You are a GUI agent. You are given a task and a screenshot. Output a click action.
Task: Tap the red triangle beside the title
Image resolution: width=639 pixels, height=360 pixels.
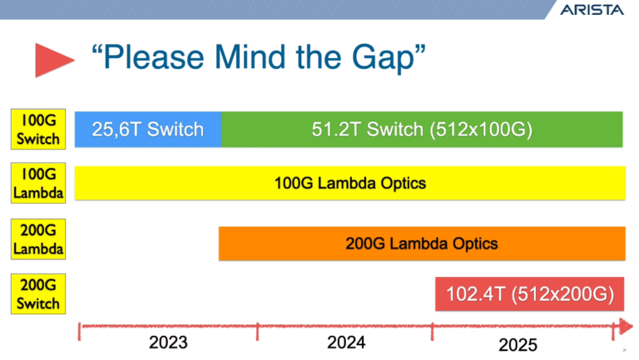pos(53,60)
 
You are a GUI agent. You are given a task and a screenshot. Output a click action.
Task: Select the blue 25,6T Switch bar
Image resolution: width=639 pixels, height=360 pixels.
pos(147,130)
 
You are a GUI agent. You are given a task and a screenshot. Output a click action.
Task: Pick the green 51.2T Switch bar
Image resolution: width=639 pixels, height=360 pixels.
pos(422,130)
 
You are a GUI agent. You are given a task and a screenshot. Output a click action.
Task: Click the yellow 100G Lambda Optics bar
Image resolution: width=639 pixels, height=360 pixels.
pos(349,183)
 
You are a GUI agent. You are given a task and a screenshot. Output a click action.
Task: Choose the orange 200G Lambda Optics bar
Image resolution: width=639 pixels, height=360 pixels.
pos(422,244)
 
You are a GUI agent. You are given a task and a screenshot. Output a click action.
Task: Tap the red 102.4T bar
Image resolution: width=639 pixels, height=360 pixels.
pos(530,293)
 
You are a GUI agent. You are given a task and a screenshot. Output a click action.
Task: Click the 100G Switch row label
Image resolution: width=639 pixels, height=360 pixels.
pos(39,129)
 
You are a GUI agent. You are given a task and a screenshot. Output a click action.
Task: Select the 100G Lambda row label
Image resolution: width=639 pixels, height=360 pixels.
pos(39,183)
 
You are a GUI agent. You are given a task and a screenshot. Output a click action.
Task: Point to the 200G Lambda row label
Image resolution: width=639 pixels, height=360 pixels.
pos(39,239)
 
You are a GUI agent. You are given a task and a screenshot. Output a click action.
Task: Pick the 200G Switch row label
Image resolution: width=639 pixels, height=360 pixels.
pos(39,294)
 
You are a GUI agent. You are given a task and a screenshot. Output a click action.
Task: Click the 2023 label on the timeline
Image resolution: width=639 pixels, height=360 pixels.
pos(168,343)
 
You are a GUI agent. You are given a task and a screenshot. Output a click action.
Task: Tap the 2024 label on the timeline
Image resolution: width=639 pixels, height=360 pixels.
pos(347,343)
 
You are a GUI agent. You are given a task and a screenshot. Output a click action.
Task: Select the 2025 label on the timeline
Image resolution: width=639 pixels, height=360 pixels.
pos(518,344)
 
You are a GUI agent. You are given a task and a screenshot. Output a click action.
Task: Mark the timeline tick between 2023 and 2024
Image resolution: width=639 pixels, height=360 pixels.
pos(257,330)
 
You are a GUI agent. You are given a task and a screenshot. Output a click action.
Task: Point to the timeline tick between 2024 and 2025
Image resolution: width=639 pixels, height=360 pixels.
pos(433,330)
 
